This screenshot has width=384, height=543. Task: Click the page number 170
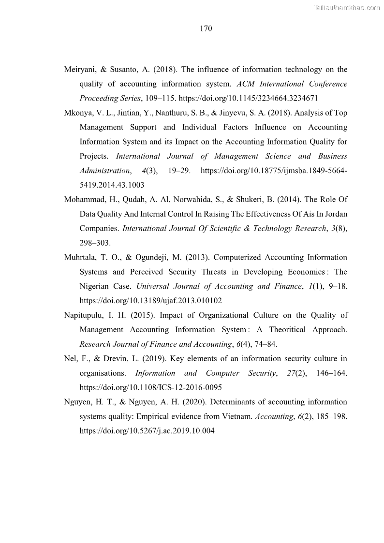206,29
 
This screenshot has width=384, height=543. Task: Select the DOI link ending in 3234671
248,98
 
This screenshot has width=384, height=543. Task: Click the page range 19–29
175,171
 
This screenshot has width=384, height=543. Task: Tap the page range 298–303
95,243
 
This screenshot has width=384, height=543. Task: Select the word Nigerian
95,286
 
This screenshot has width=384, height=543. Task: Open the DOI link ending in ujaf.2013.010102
150,301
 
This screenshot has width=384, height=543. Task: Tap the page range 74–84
264,344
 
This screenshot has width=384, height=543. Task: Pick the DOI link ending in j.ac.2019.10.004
147,431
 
